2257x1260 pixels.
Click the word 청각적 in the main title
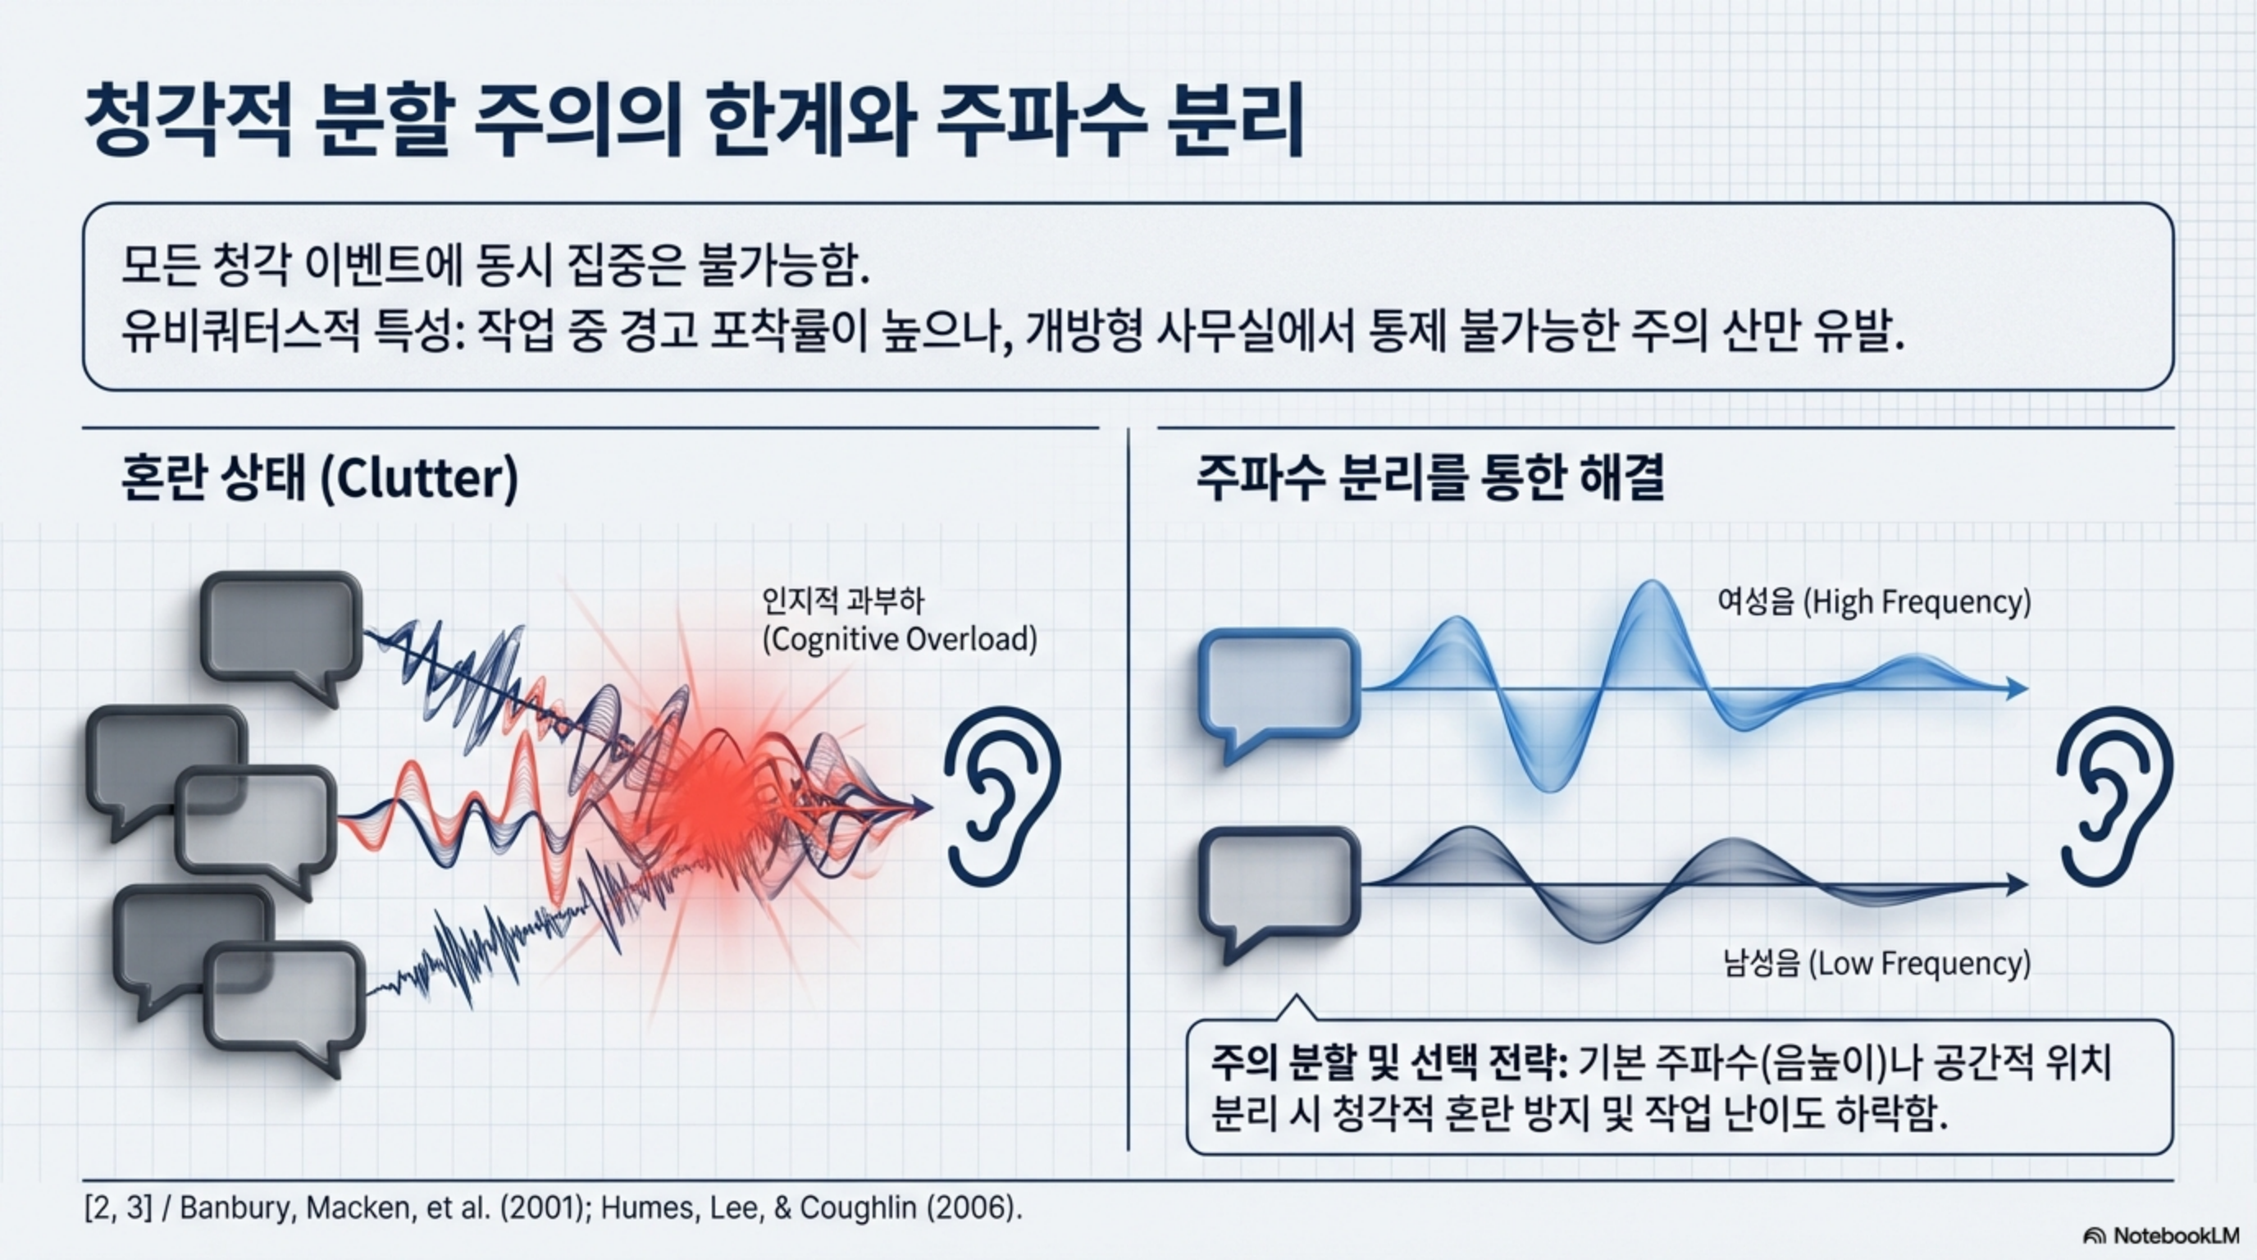tap(189, 120)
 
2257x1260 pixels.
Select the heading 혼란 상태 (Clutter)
tap(320, 478)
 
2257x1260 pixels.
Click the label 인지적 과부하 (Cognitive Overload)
tap(899, 620)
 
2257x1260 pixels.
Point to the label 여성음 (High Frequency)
tap(1873, 603)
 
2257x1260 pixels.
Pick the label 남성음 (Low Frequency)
tap(1876, 964)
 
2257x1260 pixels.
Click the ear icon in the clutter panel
tap(1001, 796)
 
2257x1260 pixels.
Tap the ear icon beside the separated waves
tap(2114, 796)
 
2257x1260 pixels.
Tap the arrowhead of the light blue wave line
tap(2016, 689)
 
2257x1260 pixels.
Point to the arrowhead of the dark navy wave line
tap(2016, 885)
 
